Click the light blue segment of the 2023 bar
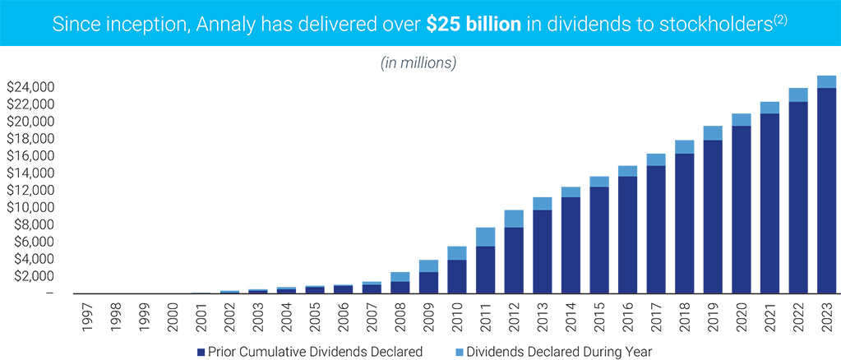[826, 81]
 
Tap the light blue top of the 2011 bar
[485, 237]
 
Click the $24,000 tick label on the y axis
[30, 87]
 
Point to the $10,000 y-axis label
[30, 207]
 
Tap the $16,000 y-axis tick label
[30, 156]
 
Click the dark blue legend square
[201, 351]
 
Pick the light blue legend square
[459, 351]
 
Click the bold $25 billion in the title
[474, 23]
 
